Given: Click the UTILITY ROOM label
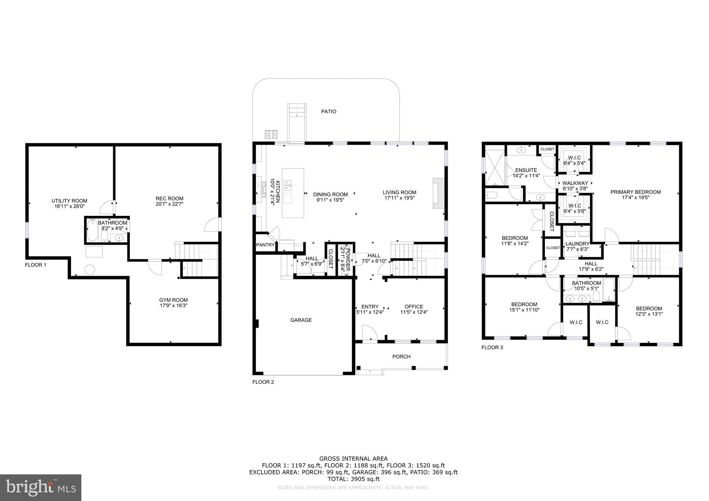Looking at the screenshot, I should coord(69,201).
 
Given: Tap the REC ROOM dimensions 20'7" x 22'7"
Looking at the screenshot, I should coord(169,204).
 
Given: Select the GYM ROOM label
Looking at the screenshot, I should coord(173,300).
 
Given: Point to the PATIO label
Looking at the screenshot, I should coord(329,111).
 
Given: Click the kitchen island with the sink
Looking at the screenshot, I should coord(293,193).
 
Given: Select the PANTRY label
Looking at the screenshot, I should coord(265,245).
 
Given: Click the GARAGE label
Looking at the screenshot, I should coord(301,320).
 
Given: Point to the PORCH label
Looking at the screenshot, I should coord(401,356).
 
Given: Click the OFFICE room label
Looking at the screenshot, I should coord(414,307).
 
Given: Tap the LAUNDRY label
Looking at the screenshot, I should coord(577,244).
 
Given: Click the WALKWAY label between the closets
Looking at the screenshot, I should coord(575,183).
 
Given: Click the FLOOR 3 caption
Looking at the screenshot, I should coord(492,347).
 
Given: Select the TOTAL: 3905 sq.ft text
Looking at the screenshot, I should coord(353,479).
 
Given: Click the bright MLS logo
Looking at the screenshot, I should coord(41,488).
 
